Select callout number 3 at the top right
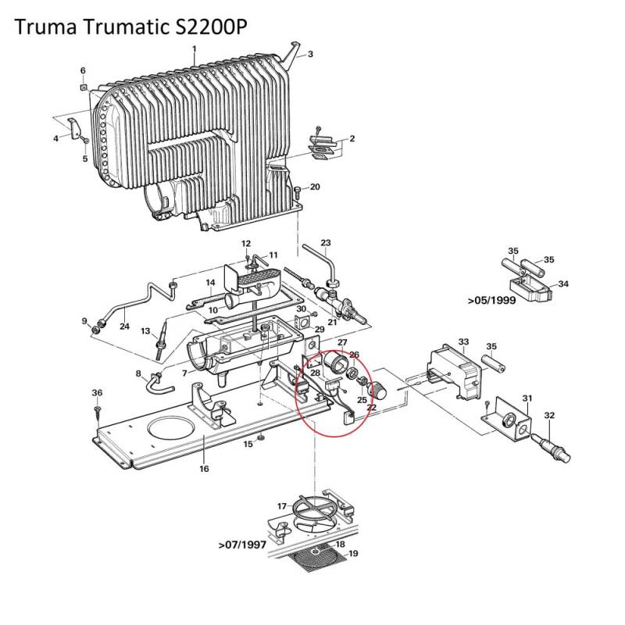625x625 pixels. point(310,54)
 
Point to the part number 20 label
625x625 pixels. point(316,187)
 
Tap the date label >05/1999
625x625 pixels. point(493,299)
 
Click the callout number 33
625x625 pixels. point(463,342)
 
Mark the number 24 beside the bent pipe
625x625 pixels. point(124,326)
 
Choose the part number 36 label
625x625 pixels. point(97,391)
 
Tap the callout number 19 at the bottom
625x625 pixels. point(353,554)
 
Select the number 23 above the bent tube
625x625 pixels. point(326,242)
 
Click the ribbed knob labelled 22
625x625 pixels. point(378,388)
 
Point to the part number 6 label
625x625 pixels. point(83,71)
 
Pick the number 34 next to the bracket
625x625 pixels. point(562,284)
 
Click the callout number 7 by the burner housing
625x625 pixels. point(184,373)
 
